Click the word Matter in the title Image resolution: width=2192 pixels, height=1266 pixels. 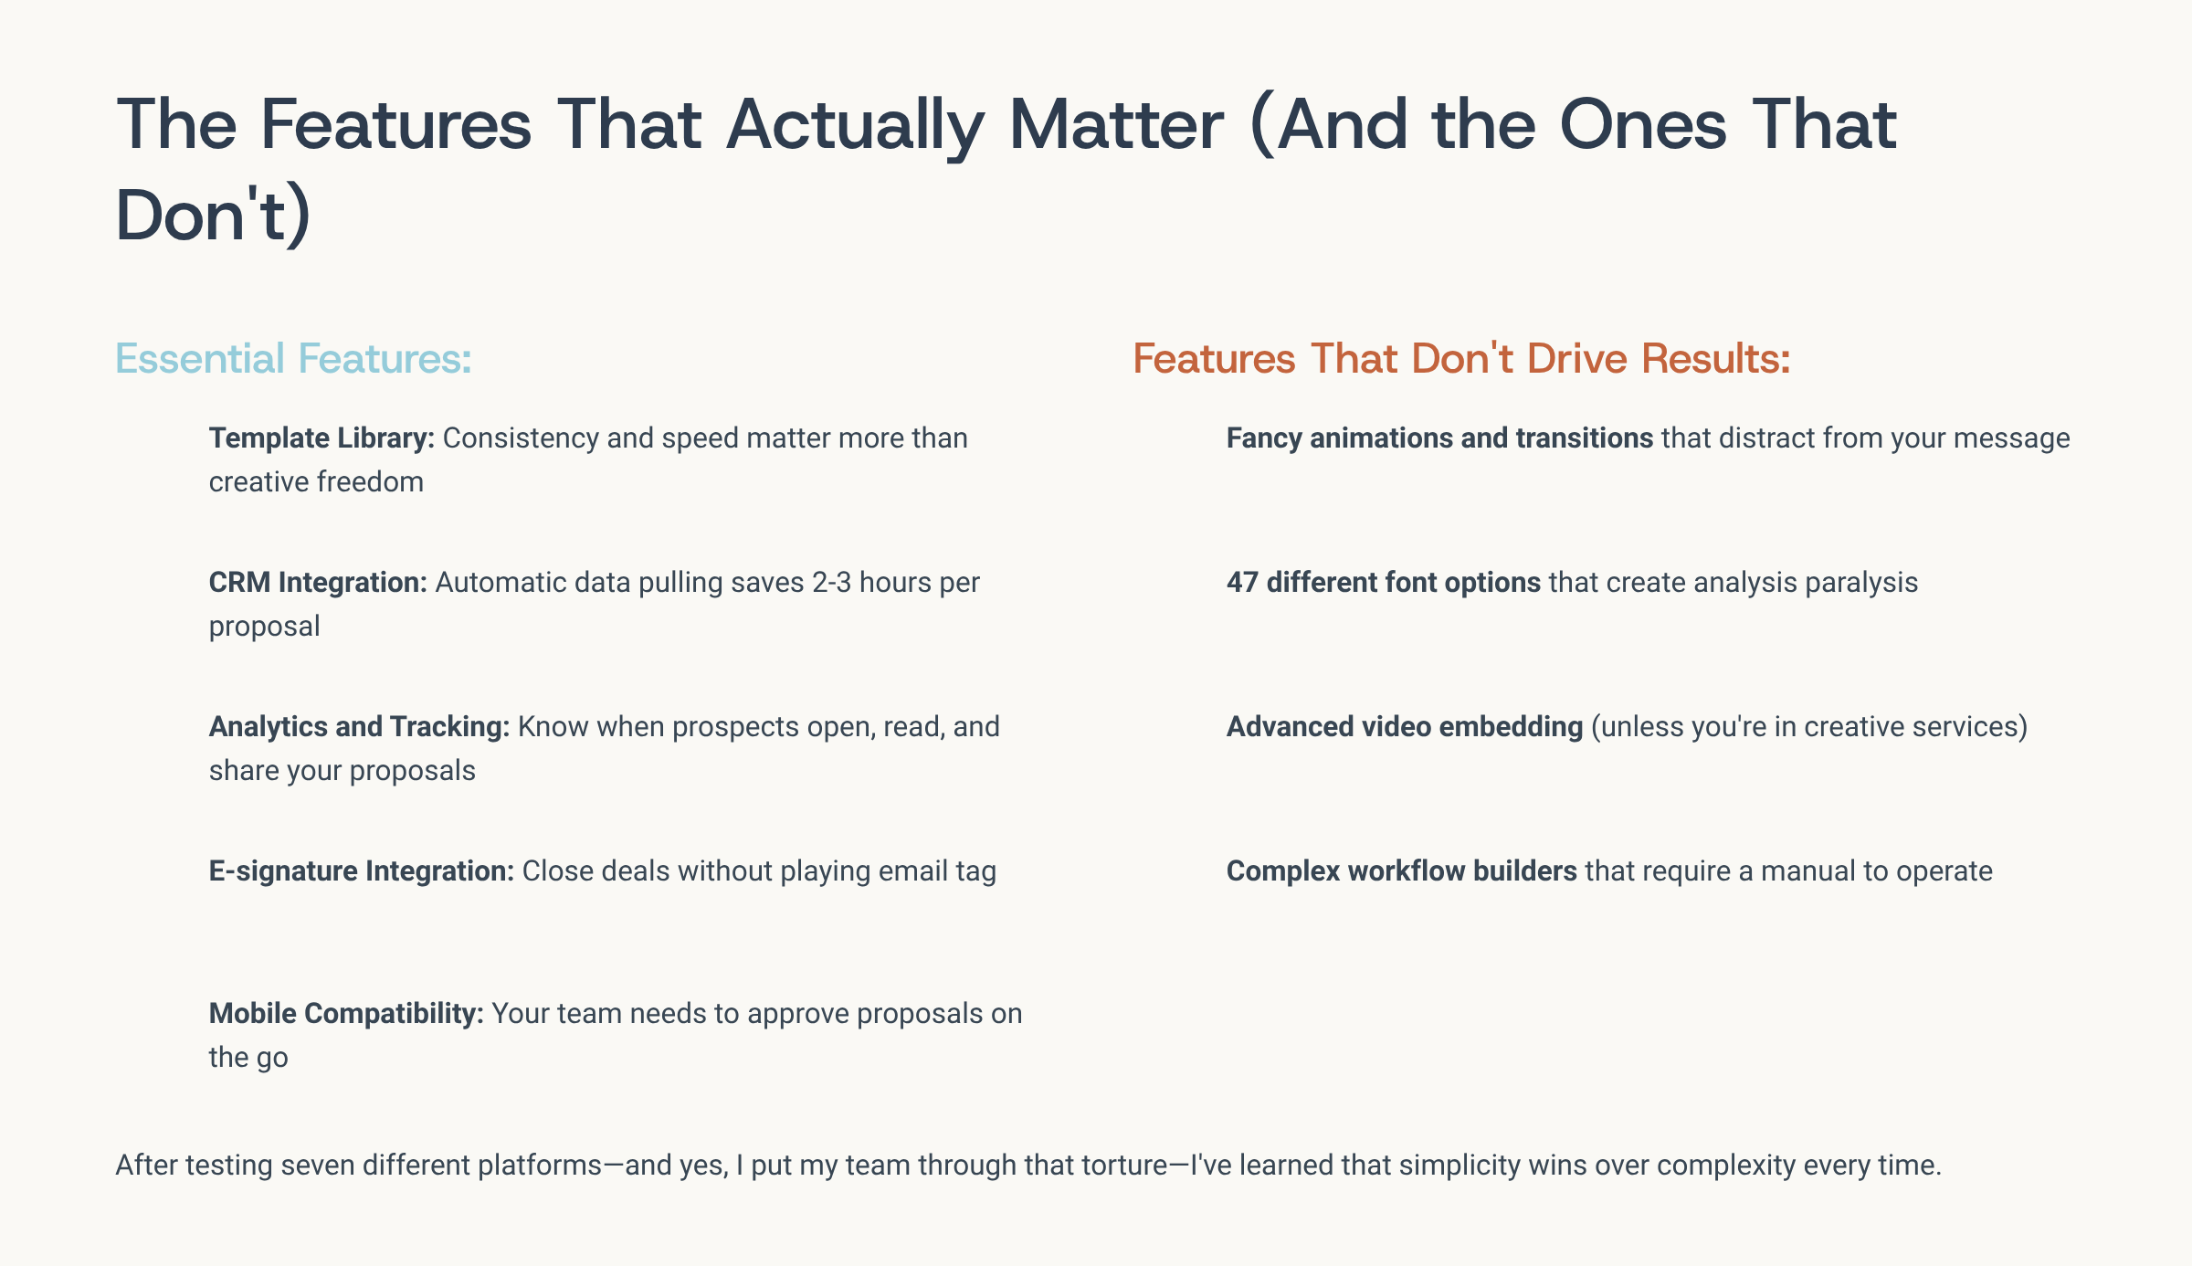(x=1115, y=124)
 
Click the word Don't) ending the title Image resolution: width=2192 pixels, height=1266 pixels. (x=214, y=215)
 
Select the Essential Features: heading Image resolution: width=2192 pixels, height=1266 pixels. (x=293, y=358)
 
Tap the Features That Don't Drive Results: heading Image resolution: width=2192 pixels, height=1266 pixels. (x=1461, y=358)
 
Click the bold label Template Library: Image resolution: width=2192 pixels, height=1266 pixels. (x=321, y=438)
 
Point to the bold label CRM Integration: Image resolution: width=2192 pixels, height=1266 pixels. (x=318, y=583)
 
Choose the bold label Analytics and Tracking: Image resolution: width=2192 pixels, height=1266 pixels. (x=359, y=727)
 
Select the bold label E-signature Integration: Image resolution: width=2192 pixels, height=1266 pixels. (x=362, y=871)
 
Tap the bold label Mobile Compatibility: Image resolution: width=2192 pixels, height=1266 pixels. (x=346, y=1014)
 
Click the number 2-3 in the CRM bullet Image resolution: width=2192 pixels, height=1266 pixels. (x=831, y=583)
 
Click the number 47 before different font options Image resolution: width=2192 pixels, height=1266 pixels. (x=1242, y=583)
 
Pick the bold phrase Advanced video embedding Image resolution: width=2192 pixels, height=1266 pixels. (x=1405, y=727)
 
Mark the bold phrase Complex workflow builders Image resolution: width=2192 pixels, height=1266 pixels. (x=1402, y=871)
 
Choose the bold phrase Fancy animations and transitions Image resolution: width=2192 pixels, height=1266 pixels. (x=1439, y=438)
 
